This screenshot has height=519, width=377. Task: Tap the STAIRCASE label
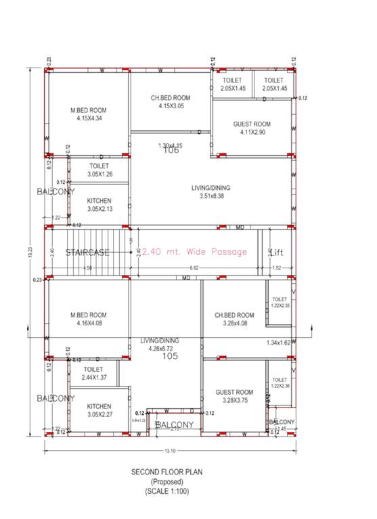tap(88, 252)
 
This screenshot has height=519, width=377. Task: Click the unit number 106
tap(171, 150)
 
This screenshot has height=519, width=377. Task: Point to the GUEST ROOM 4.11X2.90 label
tap(252, 128)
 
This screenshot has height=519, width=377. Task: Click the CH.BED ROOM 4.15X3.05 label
tap(171, 102)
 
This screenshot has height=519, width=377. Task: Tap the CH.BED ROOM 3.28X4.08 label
tap(234, 320)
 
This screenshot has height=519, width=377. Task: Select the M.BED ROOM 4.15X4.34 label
tap(89, 114)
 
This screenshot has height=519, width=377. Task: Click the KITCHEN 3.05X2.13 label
tap(99, 205)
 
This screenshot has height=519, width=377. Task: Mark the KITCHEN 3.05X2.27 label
tap(99, 410)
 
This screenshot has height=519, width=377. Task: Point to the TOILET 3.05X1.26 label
tap(99, 170)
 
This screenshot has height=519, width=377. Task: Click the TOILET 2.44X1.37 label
tap(93, 374)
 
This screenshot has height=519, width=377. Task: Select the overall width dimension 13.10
tap(170, 451)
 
